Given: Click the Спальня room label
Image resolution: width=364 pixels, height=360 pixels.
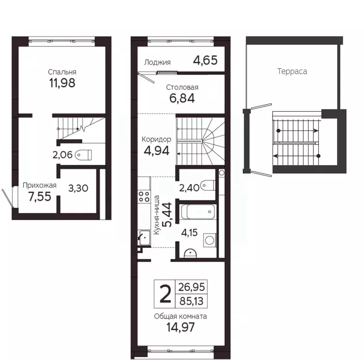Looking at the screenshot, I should (62, 72).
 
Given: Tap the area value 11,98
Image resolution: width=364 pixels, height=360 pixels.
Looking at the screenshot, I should (62, 83).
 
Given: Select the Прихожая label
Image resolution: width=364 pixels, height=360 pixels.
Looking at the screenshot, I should (39, 185).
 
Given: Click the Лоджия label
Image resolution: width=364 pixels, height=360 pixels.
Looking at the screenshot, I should (157, 62).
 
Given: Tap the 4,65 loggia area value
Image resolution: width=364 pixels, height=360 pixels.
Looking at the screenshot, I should (205, 60).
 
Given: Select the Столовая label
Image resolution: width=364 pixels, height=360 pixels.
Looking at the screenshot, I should (182, 87).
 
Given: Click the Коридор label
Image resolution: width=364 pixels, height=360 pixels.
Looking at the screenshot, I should (156, 139).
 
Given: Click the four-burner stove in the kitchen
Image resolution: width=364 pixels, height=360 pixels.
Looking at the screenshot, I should (144, 198).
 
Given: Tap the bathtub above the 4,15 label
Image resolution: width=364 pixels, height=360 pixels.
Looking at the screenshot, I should (198, 212).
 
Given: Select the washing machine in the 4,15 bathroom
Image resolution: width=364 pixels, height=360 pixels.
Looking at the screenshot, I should (209, 240).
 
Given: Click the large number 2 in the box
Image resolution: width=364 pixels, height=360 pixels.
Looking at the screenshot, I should (165, 294).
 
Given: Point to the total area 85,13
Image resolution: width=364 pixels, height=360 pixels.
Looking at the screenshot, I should (193, 300).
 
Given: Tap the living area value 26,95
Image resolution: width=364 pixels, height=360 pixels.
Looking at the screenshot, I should (193, 287).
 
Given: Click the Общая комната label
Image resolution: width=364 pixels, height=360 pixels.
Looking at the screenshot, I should (180, 316).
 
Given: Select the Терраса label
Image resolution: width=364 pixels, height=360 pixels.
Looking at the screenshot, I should (292, 71).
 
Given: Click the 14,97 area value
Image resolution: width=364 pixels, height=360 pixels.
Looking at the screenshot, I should (180, 327).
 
